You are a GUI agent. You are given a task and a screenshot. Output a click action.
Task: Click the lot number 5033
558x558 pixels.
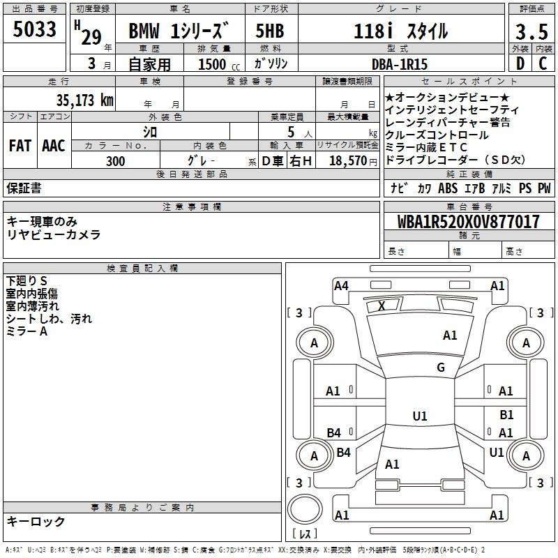(34, 29)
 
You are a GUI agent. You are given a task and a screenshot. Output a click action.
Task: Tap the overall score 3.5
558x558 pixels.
(531, 31)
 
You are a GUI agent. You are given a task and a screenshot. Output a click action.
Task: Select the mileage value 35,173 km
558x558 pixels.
(84, 100)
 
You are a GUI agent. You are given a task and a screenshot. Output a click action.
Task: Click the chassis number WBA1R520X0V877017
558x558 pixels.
(468, 221)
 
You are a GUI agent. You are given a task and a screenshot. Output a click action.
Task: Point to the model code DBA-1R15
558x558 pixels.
(399, 64)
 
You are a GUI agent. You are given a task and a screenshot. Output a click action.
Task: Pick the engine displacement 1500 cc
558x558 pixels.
(218, 64)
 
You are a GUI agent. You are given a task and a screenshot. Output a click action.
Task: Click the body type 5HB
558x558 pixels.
(270, 31)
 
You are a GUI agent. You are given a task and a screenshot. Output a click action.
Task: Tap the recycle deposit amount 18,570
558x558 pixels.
(348, 160)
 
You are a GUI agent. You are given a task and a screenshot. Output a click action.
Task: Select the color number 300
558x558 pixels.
(115, 161)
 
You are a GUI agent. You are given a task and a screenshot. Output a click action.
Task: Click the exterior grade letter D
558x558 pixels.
(520, 63)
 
